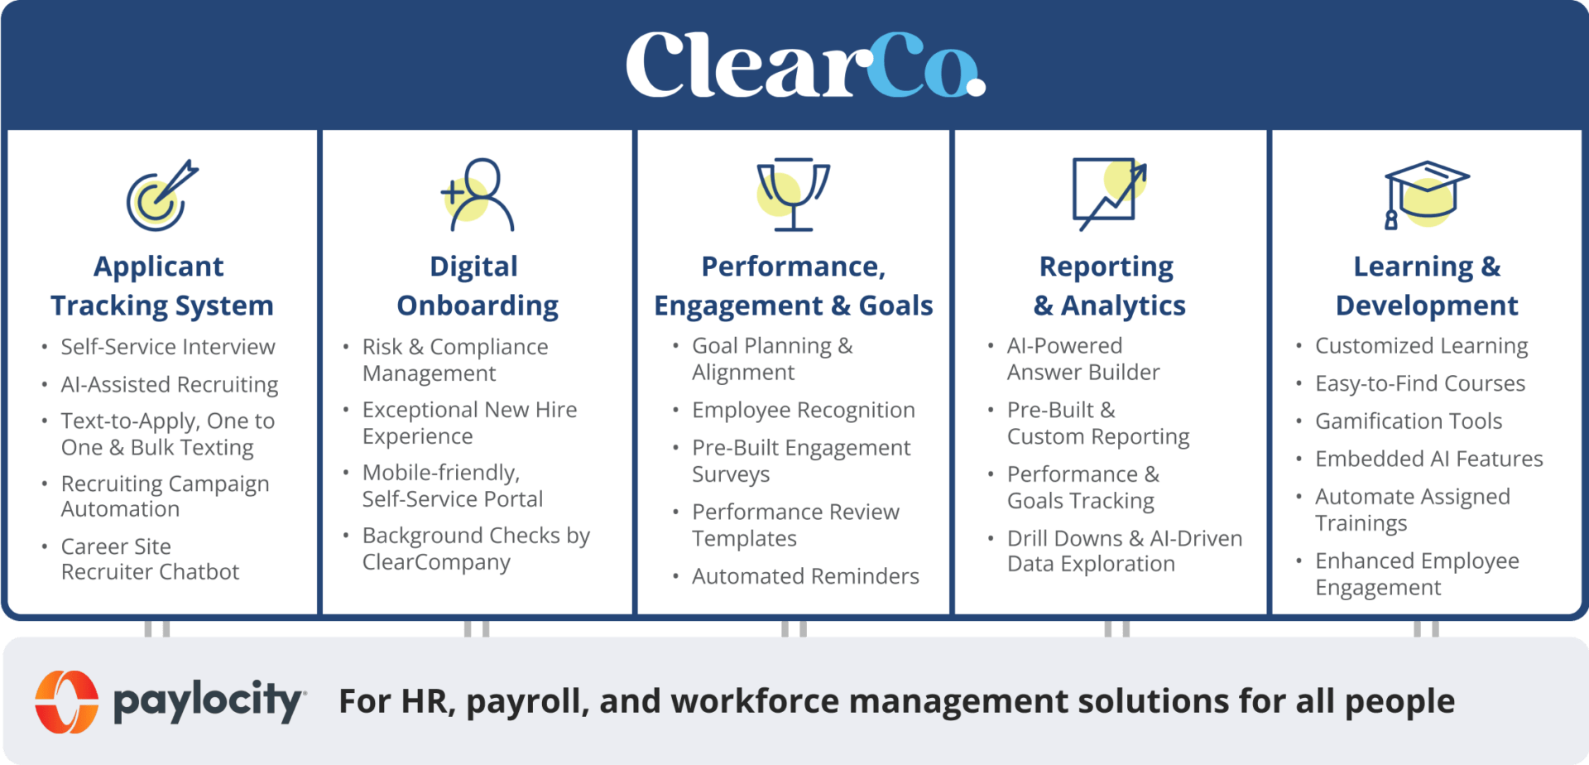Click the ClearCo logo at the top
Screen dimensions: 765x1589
[x=804, y=65]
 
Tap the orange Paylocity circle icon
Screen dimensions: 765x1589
[x=66, y=701]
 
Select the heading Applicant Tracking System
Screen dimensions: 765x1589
[x=161, y=286]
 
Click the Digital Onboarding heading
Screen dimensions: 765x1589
[x=478, y=286]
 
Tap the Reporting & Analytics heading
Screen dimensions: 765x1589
[x=1109, y=286]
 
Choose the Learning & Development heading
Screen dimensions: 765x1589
[x=1426, y=286]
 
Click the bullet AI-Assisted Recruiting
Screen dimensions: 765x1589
[x=169, y=384]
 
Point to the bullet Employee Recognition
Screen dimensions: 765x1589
[x=803, y=410]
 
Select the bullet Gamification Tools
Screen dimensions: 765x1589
[x=1408, y=421]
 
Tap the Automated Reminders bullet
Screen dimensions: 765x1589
[x=805, y=576]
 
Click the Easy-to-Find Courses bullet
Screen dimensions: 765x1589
[x=1419, y=383]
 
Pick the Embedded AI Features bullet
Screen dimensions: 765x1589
[x=1428, y=459]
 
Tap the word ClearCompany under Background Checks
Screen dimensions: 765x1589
[x=436, y=562]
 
